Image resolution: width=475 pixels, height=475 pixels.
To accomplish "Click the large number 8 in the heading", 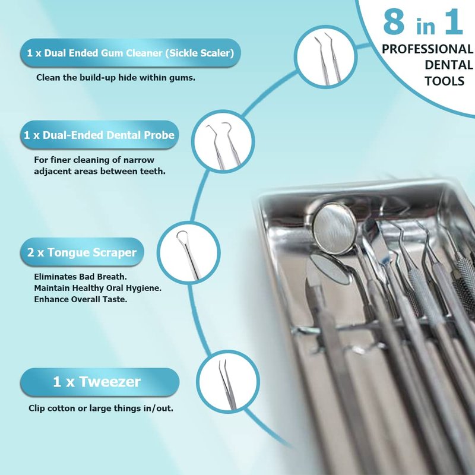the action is pos(394,22).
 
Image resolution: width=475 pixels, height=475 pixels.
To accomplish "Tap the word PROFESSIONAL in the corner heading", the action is pos(427,49).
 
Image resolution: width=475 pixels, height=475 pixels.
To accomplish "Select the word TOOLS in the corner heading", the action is pos(444,81).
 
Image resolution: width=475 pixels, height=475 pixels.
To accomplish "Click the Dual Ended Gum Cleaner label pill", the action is pos(131,53).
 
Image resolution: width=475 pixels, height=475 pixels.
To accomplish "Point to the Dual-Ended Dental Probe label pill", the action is pos(100,135).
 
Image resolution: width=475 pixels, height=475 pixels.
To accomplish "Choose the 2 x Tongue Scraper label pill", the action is pos(82,252).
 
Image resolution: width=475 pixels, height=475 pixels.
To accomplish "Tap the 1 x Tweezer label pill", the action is pos(100,382).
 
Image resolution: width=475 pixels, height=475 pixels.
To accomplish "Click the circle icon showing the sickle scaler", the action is pos(325,57).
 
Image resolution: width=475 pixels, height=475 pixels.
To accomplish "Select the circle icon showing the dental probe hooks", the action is pos(223,141).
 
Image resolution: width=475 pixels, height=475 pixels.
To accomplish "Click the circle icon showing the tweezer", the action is pos(228,382).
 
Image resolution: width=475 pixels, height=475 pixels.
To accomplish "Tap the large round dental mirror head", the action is pos(335,228).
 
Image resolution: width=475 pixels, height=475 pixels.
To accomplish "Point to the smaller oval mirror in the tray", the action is pos(330,269).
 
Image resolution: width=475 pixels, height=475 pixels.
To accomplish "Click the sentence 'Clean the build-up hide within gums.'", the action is pos(116,78).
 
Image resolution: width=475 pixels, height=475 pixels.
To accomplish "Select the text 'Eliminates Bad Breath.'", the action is pos(80,277).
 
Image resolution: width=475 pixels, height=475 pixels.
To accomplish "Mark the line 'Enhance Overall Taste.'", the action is pos(81,299).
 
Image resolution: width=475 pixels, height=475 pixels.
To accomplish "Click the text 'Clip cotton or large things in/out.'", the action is pos(101,408).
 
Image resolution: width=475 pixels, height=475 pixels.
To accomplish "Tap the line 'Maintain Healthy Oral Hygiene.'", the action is pos(97,288).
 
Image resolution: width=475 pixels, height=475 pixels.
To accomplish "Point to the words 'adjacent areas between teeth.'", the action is pos(100,171).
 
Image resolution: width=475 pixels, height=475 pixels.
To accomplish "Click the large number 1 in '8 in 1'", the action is pos(454,22).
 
